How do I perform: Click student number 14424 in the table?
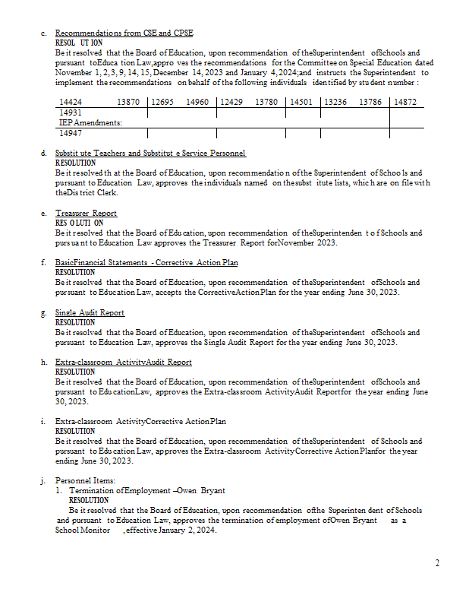click(71, 102)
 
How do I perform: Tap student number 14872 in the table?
click(404, 102)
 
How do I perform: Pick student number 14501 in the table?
click(301, 102)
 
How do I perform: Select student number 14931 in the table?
click(71, 112)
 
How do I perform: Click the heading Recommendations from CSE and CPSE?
click(124, 33)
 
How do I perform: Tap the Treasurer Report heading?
click(86, 214)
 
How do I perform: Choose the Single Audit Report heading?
click(90, 312)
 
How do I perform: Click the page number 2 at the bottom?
click(437, 563)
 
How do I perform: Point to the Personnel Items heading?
click(85, 480)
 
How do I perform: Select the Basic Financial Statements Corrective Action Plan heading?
click(146, 263)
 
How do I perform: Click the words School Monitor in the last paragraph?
click(80, 530)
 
